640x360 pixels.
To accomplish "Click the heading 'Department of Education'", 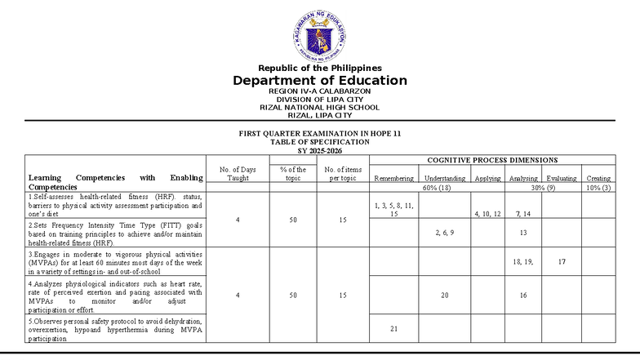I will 319,81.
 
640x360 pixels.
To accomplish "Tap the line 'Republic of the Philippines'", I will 319,68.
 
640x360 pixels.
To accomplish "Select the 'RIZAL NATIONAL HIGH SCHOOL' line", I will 319,107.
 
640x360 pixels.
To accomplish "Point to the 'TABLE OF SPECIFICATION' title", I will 319,141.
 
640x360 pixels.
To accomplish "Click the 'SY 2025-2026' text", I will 319,150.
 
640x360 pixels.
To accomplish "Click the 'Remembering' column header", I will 394,178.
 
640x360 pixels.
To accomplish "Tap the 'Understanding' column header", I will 445,178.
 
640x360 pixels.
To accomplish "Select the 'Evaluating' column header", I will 562,178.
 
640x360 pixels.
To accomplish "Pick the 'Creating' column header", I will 598,178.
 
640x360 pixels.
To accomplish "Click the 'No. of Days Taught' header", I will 238,173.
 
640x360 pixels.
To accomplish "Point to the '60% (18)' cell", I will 437,188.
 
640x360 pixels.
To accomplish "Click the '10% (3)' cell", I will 598,188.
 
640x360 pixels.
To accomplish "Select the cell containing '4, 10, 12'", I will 487,214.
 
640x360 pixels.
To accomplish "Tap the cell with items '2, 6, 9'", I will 445,233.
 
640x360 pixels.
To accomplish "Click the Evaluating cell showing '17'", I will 562,261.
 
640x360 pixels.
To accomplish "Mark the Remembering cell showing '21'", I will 394,328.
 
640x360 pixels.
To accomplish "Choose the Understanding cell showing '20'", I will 445,296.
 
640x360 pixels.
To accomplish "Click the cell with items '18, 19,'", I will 522,261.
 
